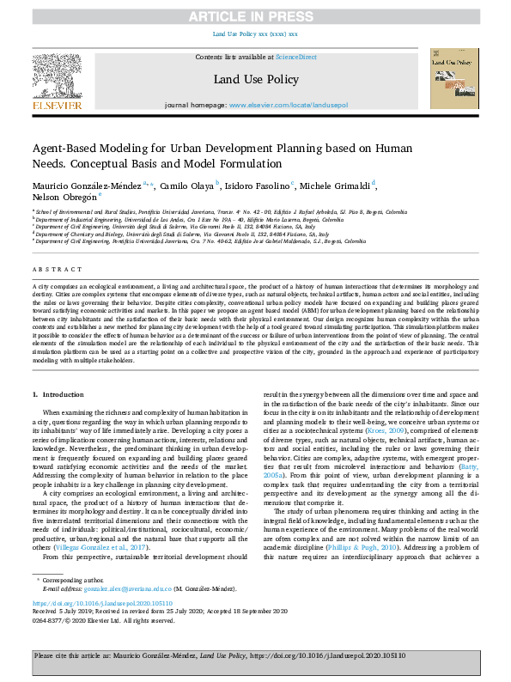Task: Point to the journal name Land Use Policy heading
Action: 255,79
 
